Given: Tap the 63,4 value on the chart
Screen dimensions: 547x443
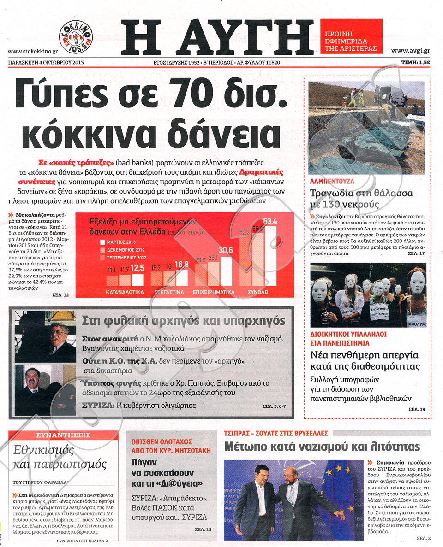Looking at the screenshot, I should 269,221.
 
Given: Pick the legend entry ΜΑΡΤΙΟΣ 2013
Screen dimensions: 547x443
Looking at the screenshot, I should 121,241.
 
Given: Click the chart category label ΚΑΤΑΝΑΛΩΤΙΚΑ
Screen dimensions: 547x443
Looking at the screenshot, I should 125,292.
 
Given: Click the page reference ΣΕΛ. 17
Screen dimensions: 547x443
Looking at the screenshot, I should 417,253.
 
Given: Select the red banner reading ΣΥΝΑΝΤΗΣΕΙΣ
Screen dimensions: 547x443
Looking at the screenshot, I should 64,435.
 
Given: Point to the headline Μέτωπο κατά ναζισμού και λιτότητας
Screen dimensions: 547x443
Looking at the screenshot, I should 322,446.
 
